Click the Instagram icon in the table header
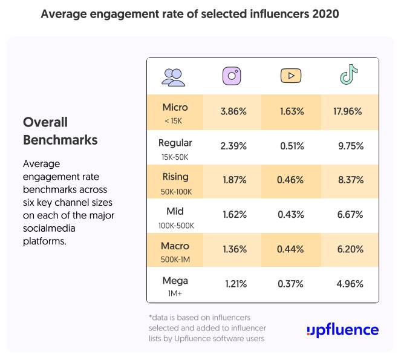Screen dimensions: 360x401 coord(232,76)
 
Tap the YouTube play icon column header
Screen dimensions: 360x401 coord(290,76)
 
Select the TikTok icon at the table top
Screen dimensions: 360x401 coord(348,75)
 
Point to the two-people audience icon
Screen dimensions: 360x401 coord(174,76)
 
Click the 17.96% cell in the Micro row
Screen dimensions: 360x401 coord(347,111)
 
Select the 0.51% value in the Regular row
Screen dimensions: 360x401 coord(292,146)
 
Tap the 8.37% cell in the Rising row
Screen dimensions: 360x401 coord(349,180)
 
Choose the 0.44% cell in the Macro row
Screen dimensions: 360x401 coord(292,249)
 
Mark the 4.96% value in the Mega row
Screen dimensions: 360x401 coord(349,284)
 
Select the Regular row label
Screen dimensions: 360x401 coord(175,143)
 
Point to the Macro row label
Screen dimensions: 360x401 coord(175,246)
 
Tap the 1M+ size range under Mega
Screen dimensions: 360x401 coord(175,293)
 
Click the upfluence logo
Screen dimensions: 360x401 coord(342,330)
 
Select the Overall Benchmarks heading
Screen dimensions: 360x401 coord(60,131)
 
